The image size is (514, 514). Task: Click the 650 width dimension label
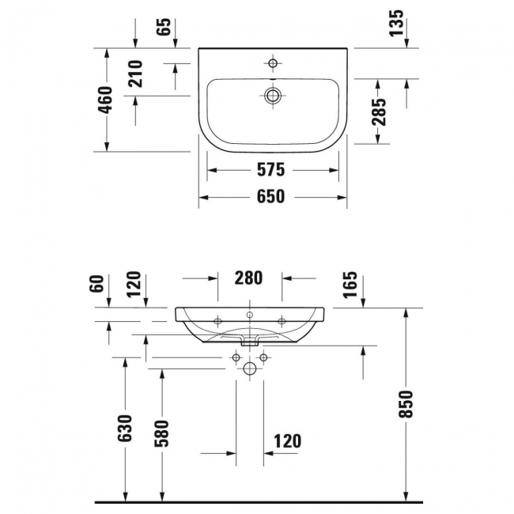[x=270, y=197]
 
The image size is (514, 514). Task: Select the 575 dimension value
[x=270, y=170]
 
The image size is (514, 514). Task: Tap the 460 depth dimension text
[x=105, y=100]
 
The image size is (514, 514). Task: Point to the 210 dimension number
[x=135, y=74]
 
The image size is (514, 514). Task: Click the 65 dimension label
[x=164, y=27]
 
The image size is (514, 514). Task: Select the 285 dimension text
[x=379, y=111]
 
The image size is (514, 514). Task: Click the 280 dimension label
[x=248, y=278]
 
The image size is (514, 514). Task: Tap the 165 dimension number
[x=350, y=285]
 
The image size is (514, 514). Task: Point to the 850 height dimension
[x=406, y=404]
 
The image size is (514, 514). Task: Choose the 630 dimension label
[x=125, y=428]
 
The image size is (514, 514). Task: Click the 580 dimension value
[x=161, y=433]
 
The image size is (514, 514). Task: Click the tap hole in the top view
[x=273, y=63]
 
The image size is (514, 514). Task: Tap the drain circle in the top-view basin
[x=273, y=96]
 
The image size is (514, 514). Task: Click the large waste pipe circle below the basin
[x=250, y=368]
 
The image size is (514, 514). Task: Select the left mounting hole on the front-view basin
[x=217, y=321]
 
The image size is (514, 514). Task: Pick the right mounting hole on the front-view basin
[x=282, y=321]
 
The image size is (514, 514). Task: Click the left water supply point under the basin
[x=236, y=357]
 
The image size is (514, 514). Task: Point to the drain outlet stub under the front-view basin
[x=250, y=343]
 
